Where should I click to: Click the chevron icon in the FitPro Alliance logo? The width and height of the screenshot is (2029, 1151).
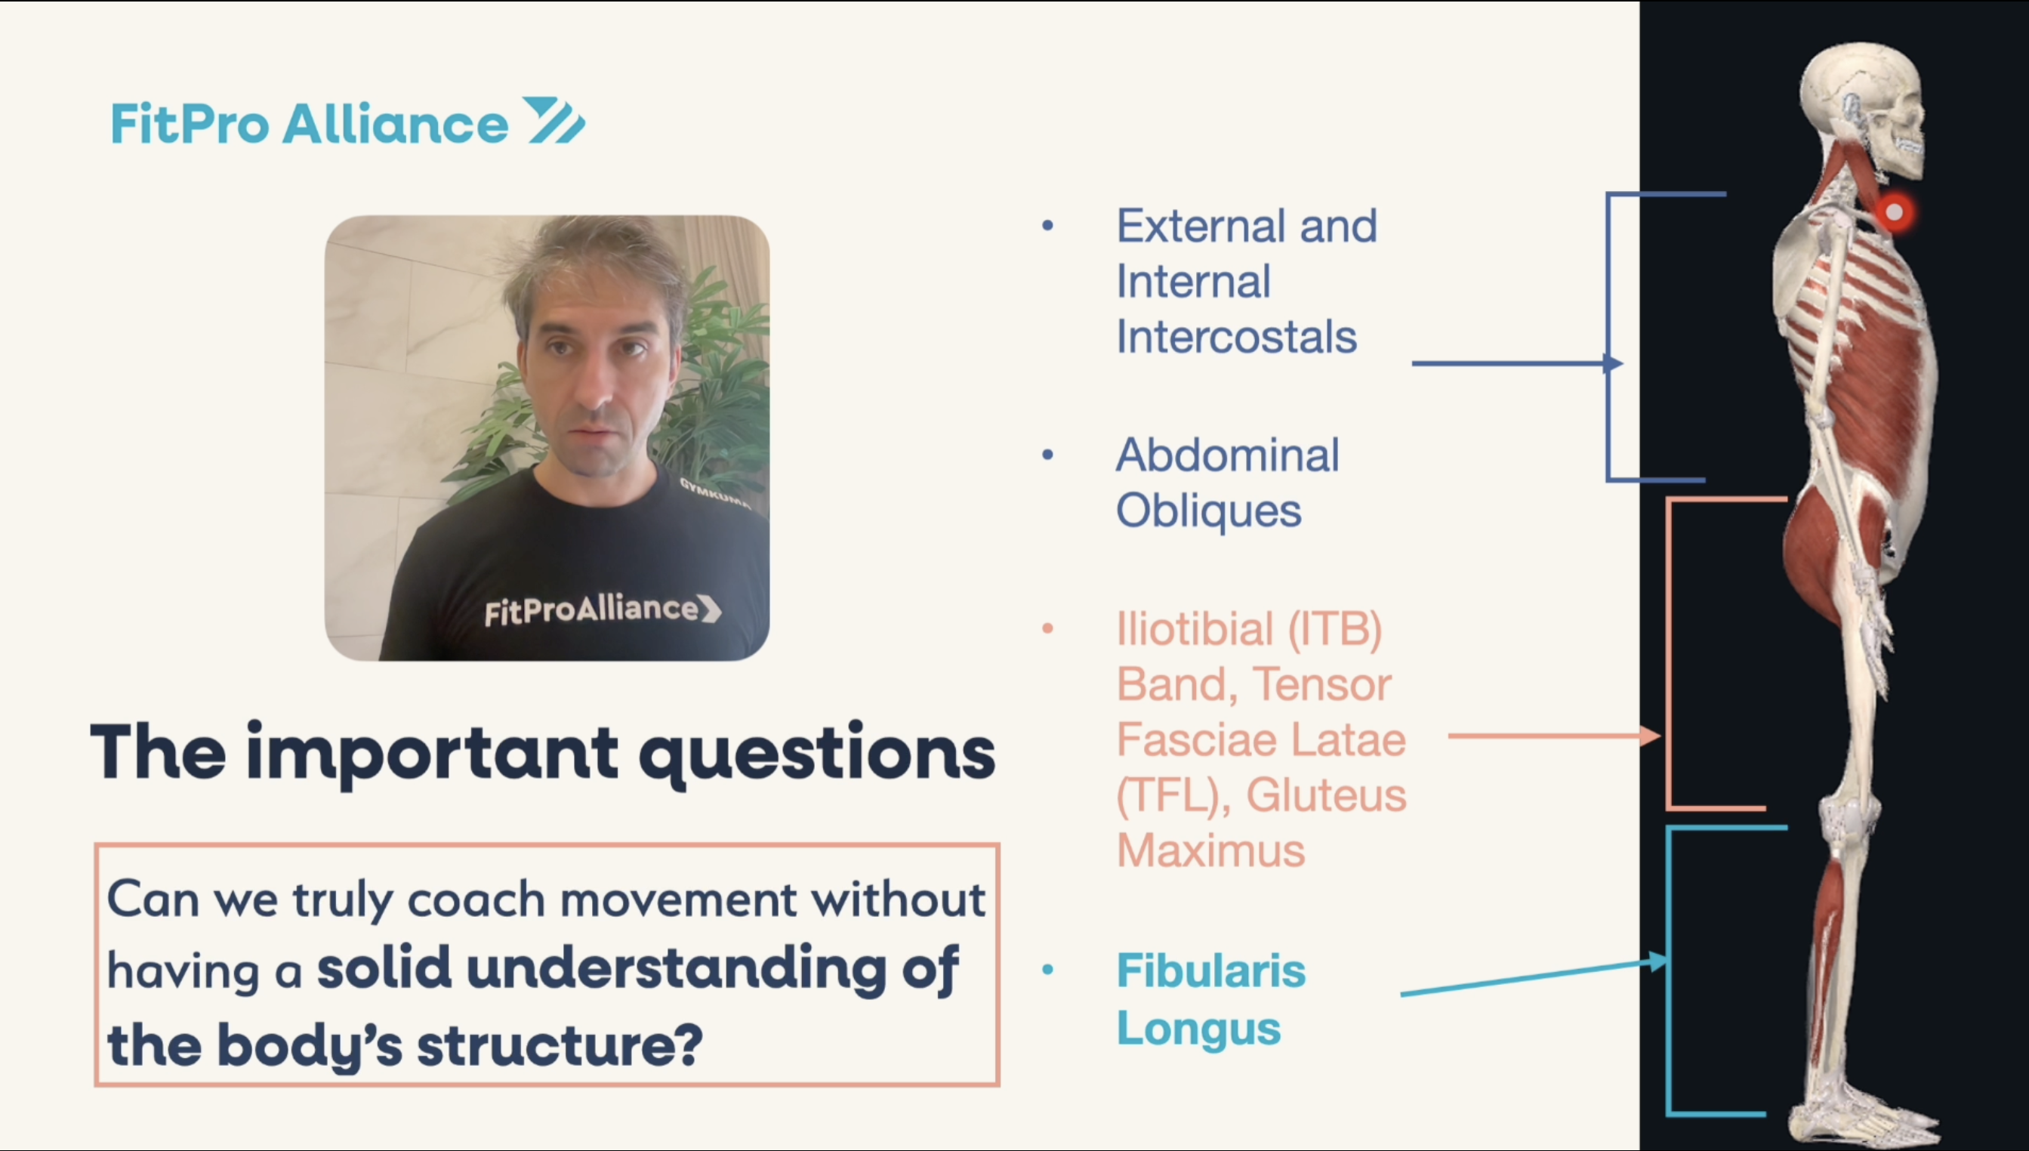tap(555, 120)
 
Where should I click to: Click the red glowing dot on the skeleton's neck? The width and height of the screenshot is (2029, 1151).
tap(1894, 213)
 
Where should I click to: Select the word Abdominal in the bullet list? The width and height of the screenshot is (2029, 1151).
tap(1228, 455)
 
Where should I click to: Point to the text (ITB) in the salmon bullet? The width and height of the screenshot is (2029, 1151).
tap(1335, 630)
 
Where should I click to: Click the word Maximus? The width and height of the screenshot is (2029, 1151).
tap(1210, 851)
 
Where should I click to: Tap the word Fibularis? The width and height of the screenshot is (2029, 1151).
tap(1211, 971)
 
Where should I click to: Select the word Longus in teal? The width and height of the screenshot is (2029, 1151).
tap(1198, 1029)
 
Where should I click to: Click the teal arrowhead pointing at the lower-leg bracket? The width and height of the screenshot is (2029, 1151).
tap(1658, 961)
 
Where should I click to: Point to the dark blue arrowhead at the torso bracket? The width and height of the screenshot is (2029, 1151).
tap(1613, 363)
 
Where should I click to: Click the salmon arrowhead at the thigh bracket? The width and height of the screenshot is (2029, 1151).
tap(1651, 735)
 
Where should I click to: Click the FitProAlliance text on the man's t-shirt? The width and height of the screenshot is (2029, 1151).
tap(603, 609)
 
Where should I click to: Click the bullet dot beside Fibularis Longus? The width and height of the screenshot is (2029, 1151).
tap(1048, 970)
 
